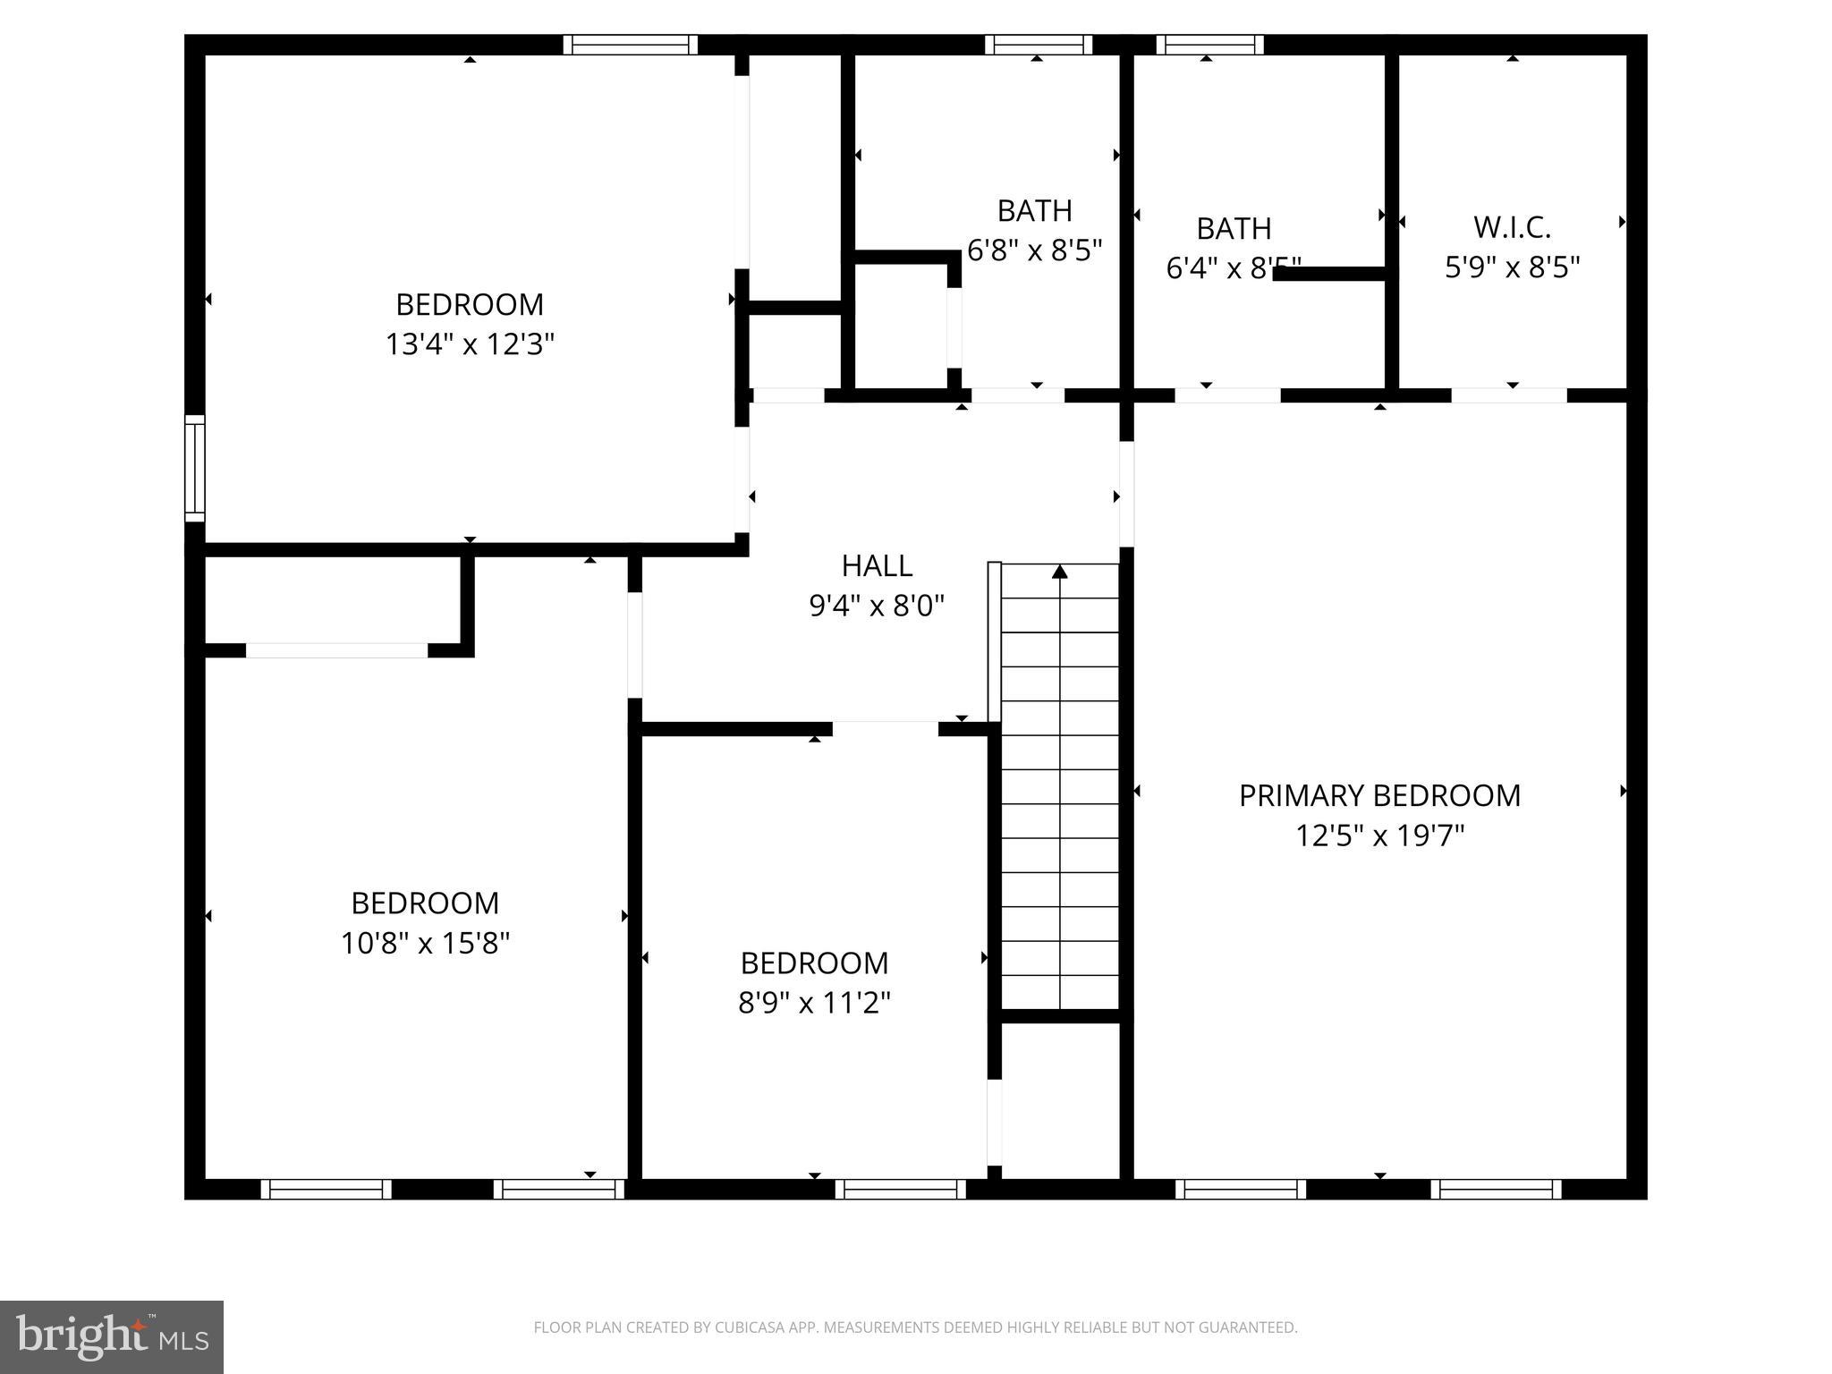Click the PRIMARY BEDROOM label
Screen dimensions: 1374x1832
click(1379, 795)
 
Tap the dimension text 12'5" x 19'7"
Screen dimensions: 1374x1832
click(1379, 835)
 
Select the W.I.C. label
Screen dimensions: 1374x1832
click(1512, 227)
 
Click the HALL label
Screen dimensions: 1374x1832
click(877, 565)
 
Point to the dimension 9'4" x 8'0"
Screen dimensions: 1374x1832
click(877, 606)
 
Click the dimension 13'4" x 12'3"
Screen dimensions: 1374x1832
click(470, 343)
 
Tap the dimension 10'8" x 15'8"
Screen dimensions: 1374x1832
click(425, 943)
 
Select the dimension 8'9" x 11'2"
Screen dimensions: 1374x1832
click(814, 1003)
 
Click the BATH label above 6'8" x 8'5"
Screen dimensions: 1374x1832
click(1034, 210)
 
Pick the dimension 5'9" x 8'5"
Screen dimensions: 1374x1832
click(1512, 267)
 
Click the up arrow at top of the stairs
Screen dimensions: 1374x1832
click(1060, 572)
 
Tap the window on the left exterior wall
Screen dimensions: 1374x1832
click(194, 468)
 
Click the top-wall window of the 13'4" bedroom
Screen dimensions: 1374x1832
click(630, 45)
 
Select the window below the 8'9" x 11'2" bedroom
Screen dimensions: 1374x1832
click(901, 1189)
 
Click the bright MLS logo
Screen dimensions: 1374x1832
click(111, 1336)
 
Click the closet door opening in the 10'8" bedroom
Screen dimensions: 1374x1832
click(336, 650)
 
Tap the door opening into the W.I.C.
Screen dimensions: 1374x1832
click(1508, 395)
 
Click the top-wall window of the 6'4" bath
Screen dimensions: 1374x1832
click(1209, 45)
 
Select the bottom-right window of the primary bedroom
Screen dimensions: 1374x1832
click(1496, 1189)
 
